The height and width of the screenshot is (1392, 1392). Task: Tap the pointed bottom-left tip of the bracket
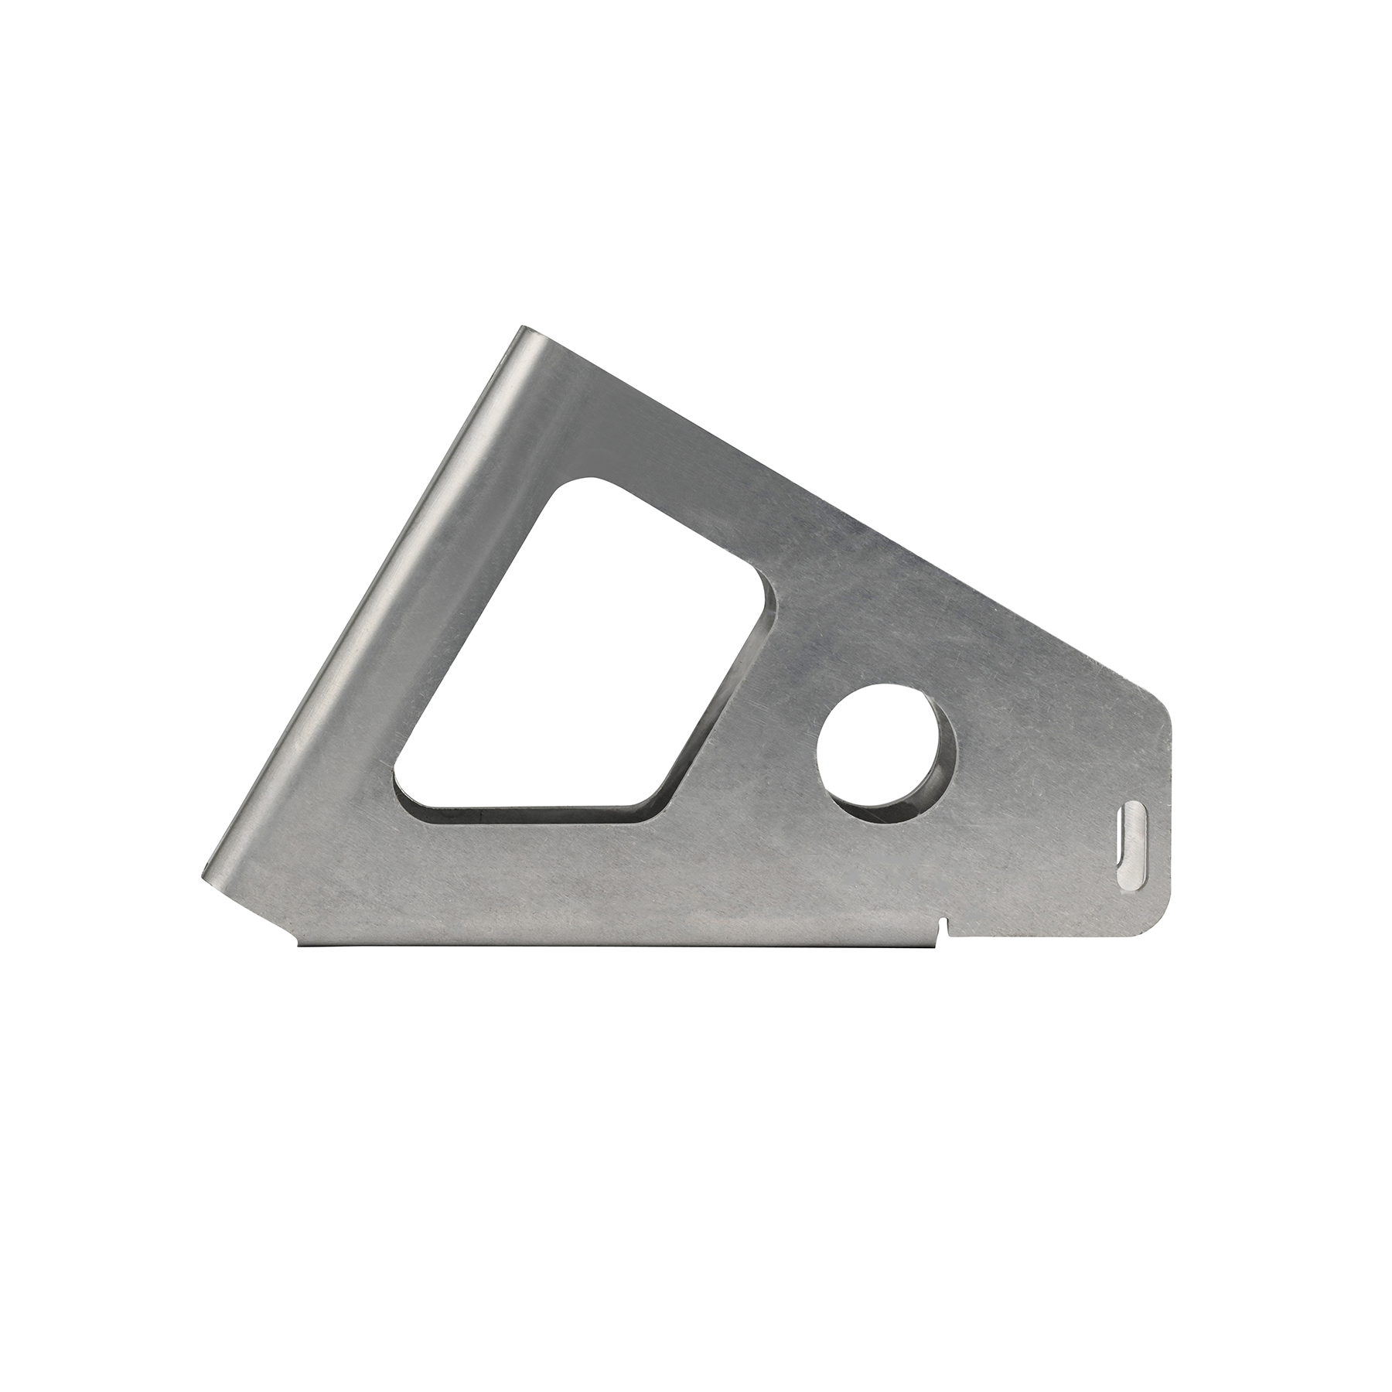coord(206,874)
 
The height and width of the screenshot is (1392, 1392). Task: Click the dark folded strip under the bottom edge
coord(619,945)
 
